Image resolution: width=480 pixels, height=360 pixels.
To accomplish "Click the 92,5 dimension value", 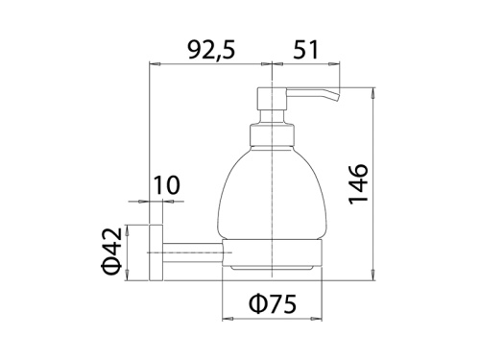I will pyautogui.click(x=210, y=50).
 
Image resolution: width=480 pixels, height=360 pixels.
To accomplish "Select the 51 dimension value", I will pyautogui.click(x=307, y=50).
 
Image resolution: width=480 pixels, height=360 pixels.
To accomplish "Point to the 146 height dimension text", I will pyautogui.click(x=357, y=182).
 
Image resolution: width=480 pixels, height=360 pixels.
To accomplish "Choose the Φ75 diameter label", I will pyautogui.click(x=273, y=304).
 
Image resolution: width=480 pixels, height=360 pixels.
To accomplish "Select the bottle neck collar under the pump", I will pyautogui.click(x=276, y=133).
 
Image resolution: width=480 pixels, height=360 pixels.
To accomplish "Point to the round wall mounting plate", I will pyautogui.click(x=154, y=251).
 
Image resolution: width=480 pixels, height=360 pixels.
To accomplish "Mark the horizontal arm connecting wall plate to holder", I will pyautogui.click(x=192, y=252).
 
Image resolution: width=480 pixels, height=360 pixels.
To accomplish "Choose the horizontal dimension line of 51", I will pyautogui.click(x=307, y=64).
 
